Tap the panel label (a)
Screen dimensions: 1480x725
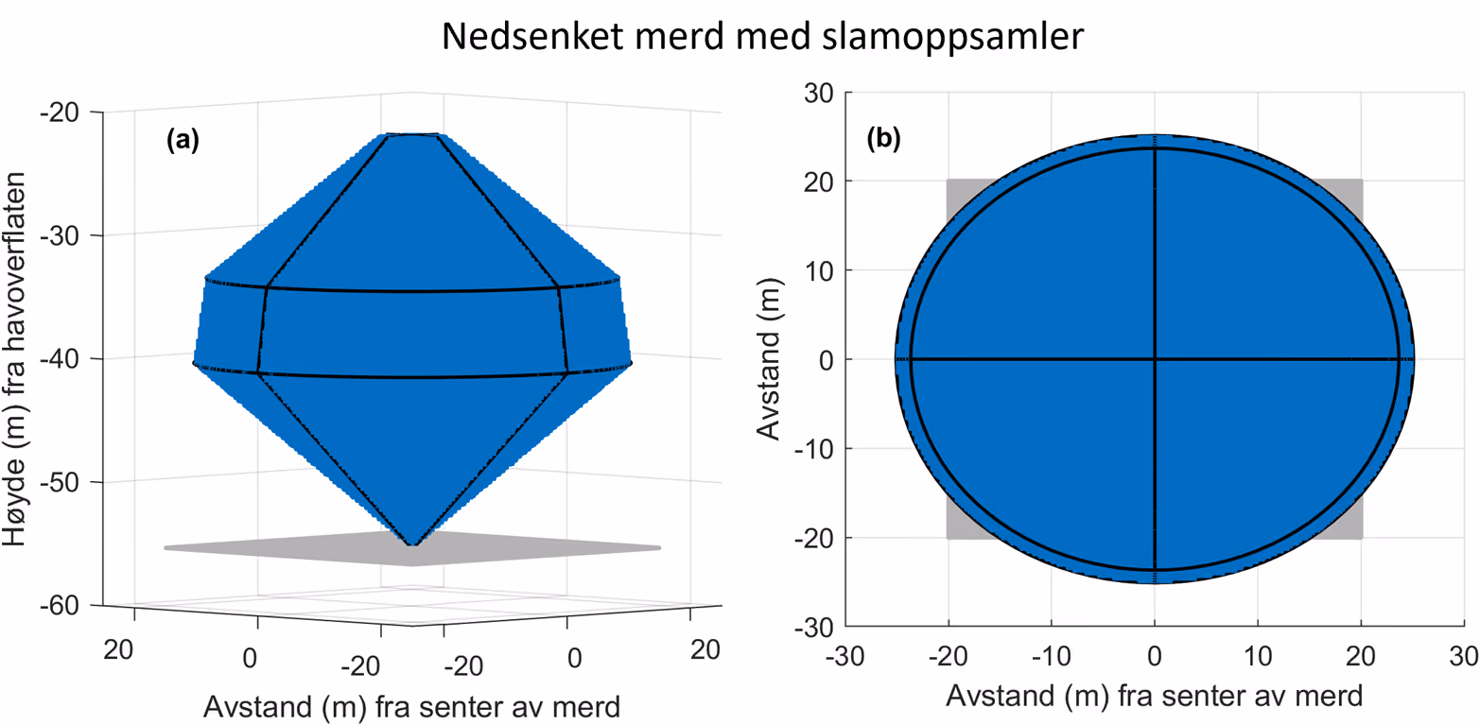pyautogui.click(x=183, y=140)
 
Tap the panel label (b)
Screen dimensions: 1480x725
pyautogui.click(x=883, y=139)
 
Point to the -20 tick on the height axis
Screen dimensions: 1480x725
pyautogui.click(x=60, y=112)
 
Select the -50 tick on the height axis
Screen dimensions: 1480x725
pyautogui.click(x=60, y=483)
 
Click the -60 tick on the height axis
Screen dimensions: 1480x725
pyautogui.click(x=60, y=606)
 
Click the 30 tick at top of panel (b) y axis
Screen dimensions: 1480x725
pyautogui.click(x=819, y=94)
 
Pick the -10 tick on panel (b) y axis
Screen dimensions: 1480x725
pyautogui.click(x=814, y=450)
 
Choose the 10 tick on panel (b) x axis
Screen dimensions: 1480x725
pyautogui.click(x=1258, y=656)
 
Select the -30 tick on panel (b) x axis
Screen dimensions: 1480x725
pyautogui.click(x=845, y=656)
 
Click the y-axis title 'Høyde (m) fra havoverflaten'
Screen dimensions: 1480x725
pyautogui.click(x=14, y=359)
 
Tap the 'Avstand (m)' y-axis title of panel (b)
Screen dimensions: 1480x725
pyautogui.click(x=769, y=359)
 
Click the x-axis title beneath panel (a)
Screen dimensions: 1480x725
pyautogui.click(x=411, y=707)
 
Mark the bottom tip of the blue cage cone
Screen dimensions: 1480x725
pyautogui.click(x=412, y=544)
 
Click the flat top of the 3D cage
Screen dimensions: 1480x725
pyautogui.click(x=411, y=135)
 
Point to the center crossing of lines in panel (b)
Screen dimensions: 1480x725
pyautogui.click(x=1155, y=359)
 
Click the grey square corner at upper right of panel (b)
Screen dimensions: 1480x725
pyautogui.click(x=1362, y=180)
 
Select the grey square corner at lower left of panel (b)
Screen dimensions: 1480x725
pyautogui.click(x=948, y=538)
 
